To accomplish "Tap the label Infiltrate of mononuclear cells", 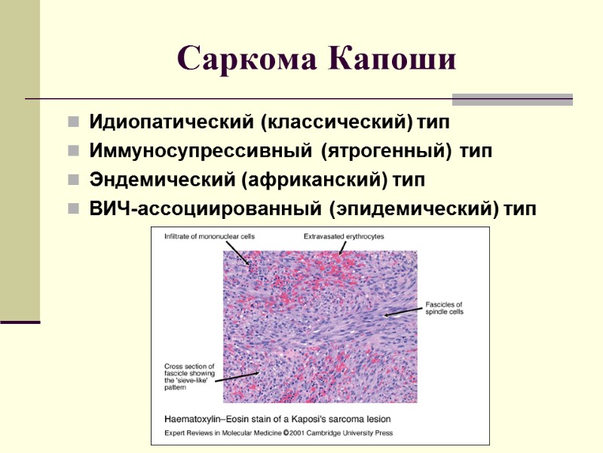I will coord(210,236).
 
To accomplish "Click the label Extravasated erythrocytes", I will coord(344,236).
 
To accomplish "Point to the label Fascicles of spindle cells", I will coord(444,308).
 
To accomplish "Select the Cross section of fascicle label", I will coord(189,370).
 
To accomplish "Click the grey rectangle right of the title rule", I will coord(512,99).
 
